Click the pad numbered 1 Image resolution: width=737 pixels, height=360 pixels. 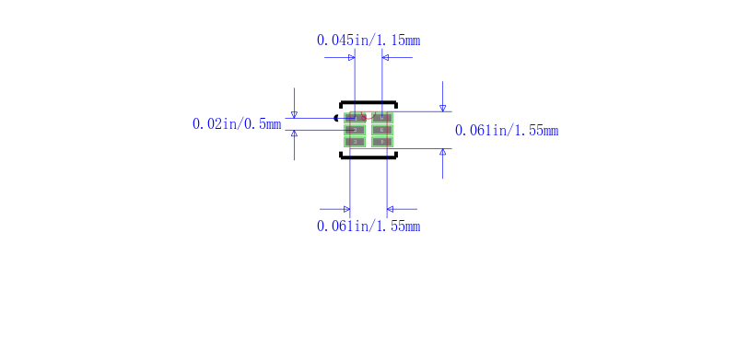(355, 118)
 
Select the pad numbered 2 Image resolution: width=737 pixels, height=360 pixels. (355, 130)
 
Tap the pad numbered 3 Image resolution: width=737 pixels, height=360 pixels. (355, 142)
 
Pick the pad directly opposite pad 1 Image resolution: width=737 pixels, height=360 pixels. (382, 118)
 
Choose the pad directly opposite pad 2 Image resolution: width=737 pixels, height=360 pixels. (382, 130)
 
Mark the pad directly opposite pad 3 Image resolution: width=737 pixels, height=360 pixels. (382, 142)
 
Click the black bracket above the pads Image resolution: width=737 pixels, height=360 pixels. (368, 102)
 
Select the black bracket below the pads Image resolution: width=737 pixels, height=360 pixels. (368, 157)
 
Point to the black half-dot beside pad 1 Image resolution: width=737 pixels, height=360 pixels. (336, 118)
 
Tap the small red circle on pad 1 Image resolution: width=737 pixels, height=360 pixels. (363, 118)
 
